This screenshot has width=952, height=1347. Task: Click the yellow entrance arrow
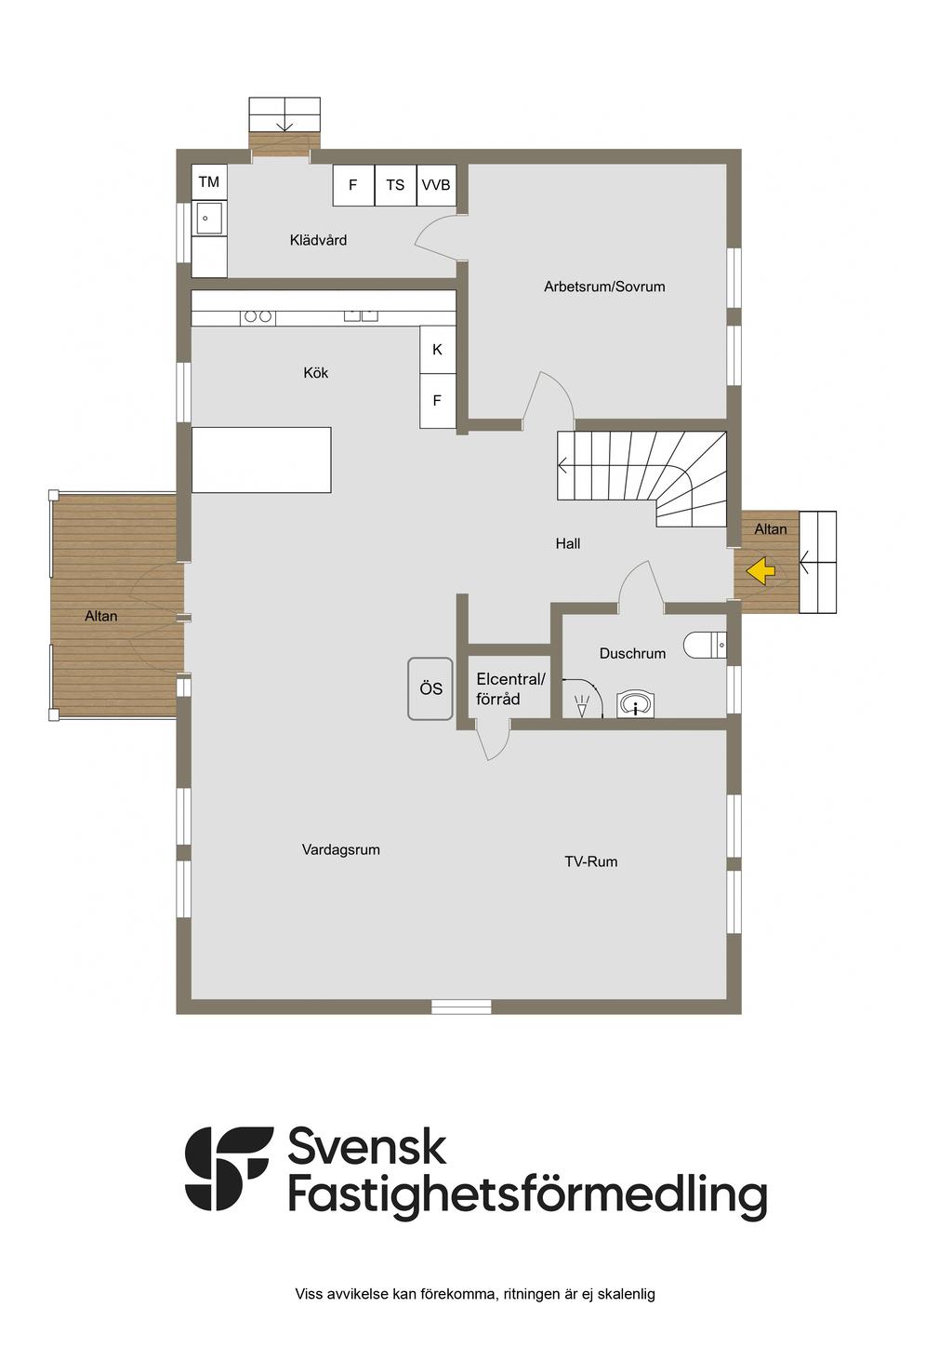(760, 570)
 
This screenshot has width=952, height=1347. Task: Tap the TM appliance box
(209, 181)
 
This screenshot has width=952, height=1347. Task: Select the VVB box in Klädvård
(436, 184)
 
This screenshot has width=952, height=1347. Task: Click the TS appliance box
(395, 184)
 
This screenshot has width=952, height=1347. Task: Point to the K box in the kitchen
(438, 350)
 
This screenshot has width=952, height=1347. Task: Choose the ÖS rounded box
(430, 688)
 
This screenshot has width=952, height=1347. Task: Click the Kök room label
(315, 373)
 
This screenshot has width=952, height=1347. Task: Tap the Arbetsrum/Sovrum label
(604, 287)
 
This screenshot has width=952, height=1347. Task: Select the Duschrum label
(632, 653)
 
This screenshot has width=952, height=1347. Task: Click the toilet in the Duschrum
(705, 646)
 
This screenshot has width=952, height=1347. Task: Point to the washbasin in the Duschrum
(636, 704)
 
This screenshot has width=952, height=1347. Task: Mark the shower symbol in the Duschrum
(582, 706)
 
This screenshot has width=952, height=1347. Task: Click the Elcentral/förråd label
(510, 689)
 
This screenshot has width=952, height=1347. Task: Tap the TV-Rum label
(590, 861)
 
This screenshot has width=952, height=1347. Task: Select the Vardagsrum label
(341, 850)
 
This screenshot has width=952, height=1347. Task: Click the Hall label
(568, 543)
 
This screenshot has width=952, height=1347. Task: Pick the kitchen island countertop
(261, 460)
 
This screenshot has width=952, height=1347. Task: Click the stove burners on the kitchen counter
(258, 316)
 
